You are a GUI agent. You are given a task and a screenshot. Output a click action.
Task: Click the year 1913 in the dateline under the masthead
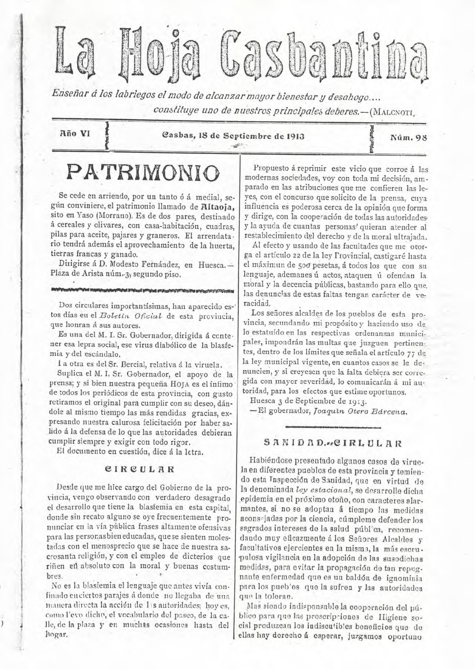click(x=295, y=136)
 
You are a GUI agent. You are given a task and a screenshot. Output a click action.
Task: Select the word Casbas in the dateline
click(x=176, y=136)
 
